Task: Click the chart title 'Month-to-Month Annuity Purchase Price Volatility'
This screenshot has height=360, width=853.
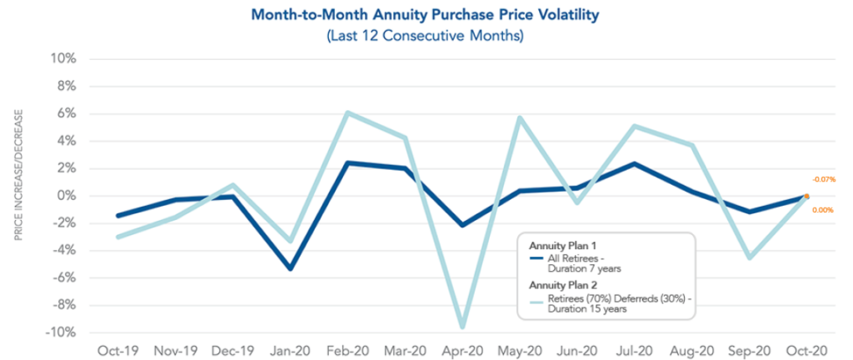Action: coord(426,15)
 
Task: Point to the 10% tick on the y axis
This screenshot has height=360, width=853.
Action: coord(66,59)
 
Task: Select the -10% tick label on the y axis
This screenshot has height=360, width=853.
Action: coord(63,332)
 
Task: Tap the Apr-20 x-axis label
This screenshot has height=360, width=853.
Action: coord(462,350)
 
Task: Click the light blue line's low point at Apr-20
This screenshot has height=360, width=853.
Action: coord(463,327)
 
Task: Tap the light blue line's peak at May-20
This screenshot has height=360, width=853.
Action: coord(520,117)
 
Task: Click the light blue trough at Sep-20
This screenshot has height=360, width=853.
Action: coord(750,257)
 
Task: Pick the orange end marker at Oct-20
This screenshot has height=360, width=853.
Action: coord(806,196)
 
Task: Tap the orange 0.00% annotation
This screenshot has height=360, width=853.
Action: coord(823,210)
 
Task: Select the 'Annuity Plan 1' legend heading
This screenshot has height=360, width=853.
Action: coord(561,246)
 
